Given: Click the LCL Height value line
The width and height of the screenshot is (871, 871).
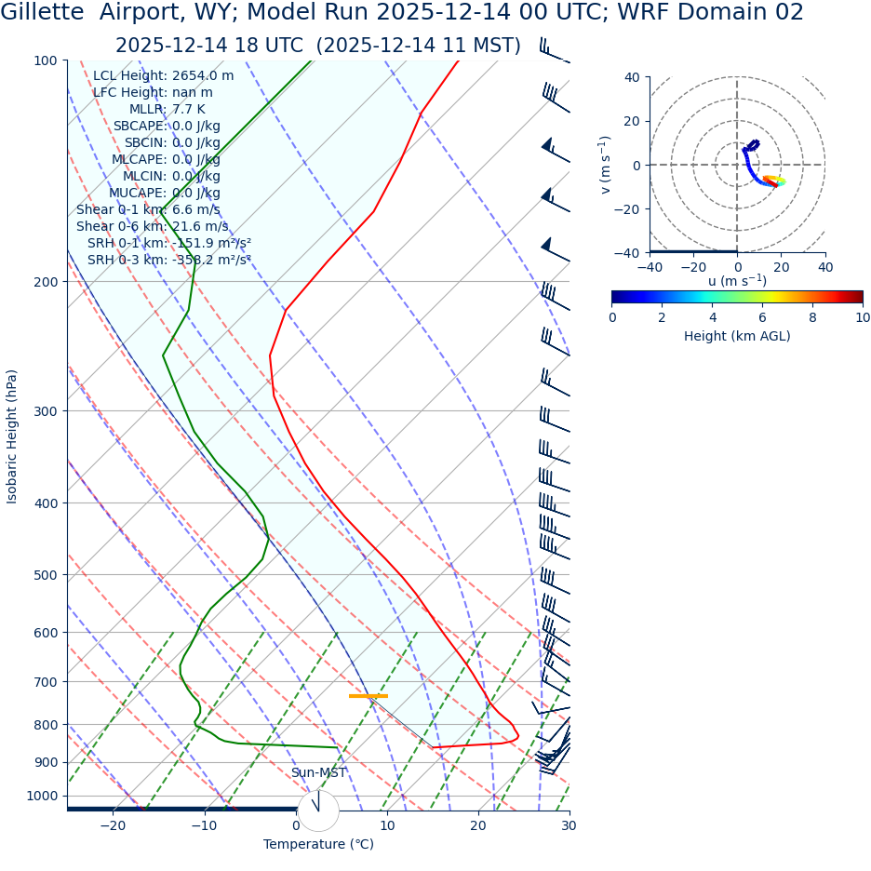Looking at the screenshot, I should click(163, 75).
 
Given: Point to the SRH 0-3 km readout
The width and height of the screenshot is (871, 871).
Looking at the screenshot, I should click(168, 260).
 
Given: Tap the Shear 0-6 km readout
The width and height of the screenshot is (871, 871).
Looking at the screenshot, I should click(152, 226).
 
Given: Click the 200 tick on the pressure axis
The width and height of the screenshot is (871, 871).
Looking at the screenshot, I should click(45, 282).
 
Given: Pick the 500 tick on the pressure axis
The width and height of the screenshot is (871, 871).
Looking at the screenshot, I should click(45, 575).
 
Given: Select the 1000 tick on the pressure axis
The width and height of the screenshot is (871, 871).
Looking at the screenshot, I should click(41, 796).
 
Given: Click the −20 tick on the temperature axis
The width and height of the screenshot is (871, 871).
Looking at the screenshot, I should click(113, 825).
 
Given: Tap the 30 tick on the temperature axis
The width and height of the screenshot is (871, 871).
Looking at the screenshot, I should click(569, 825).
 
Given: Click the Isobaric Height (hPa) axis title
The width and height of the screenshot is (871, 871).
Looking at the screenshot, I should click(12, 436).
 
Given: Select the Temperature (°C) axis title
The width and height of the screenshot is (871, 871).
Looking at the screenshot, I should click(318, 844).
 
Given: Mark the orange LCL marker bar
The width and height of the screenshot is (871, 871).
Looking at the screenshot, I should click(368, 696).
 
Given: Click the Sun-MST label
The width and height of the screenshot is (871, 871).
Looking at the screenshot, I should click(318, 772).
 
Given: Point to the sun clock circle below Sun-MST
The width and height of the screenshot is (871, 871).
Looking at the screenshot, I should click(318, 810).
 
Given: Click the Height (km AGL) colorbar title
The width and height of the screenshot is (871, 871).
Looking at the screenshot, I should click(737, 336).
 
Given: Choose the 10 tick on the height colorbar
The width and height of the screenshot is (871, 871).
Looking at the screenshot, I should click(863, 317).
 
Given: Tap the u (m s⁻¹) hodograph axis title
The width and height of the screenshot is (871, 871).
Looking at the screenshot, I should click(737, 281).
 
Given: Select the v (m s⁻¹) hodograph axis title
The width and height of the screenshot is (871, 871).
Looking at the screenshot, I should click(606, 165).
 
